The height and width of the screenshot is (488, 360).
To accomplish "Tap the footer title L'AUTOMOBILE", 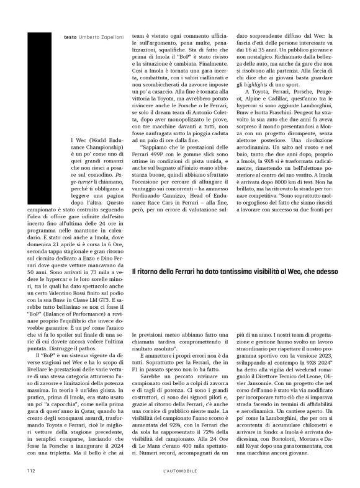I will coord(179,470).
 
